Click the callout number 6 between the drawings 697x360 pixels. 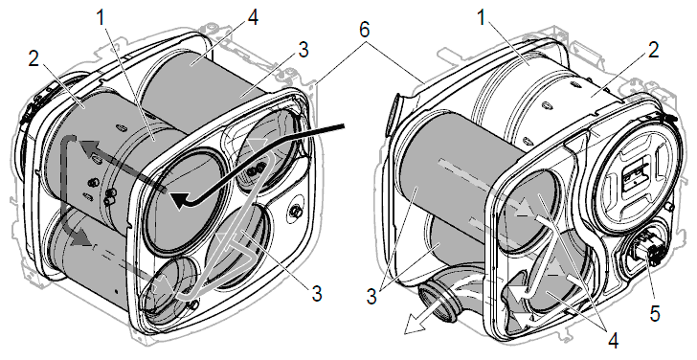[x=364, y=31]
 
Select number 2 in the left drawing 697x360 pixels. [x=34, y=59]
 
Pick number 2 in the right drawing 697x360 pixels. [x=653, y=50]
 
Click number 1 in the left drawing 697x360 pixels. [x=101, y=17]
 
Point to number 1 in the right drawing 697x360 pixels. [x=481, y=17]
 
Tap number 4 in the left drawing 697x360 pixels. [x=253, y=17]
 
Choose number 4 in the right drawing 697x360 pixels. [x=613, y=341]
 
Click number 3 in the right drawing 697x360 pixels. [x=371, y=297]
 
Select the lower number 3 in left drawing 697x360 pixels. [x=317, y=293]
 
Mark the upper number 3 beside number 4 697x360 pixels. [x=304, y=50]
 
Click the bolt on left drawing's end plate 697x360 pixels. [x=295, y=212]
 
